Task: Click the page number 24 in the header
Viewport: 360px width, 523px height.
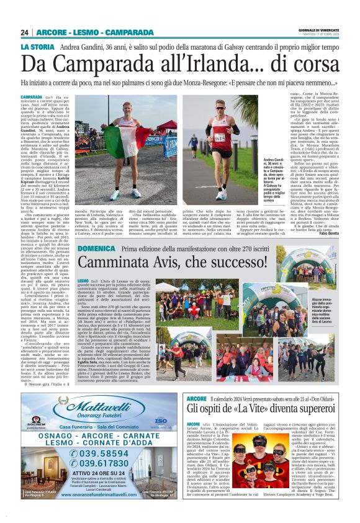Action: [25, 32]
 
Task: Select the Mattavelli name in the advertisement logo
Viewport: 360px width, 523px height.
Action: [107, 401]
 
